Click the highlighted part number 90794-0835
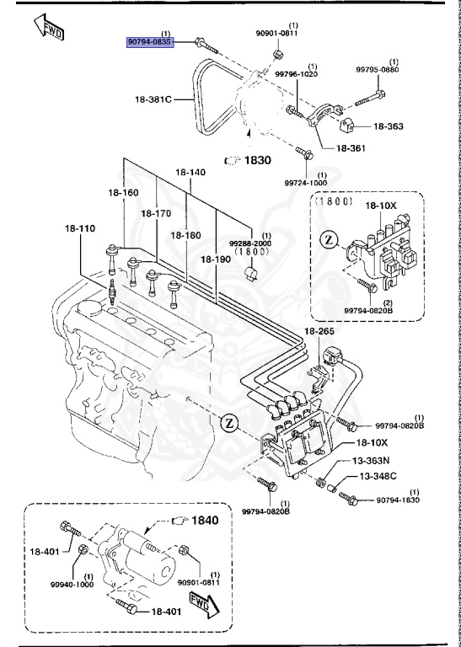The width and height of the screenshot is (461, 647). [150, 41]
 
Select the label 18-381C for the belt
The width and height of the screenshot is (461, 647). [152, 99]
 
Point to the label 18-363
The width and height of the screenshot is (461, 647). [386, 126]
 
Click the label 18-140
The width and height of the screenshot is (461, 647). [190, 172]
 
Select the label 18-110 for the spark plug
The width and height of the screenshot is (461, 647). [82, 227]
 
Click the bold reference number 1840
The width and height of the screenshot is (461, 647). [202, 520]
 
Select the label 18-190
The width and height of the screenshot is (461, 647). [216, 259]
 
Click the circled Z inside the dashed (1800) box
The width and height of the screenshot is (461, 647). [330, 239]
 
